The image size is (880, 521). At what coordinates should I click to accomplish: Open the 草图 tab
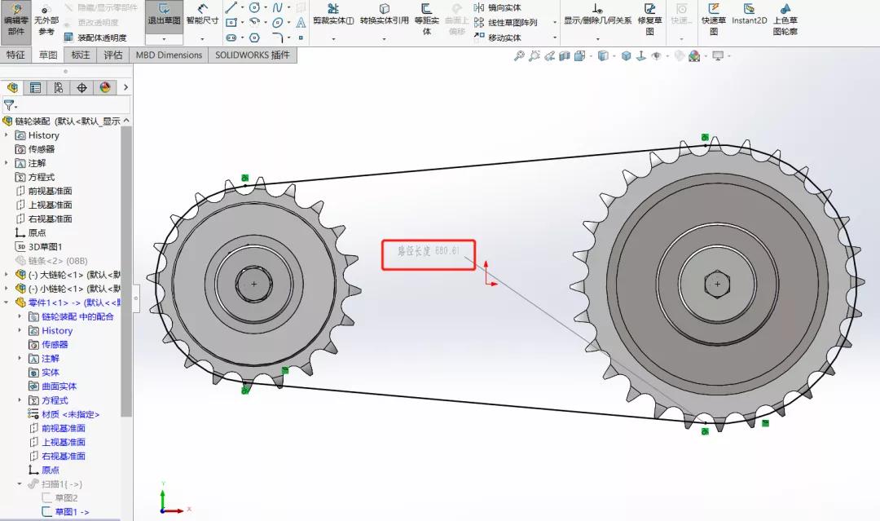[x=48, y=55]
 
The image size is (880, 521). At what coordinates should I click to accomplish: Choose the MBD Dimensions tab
[x=169, y=55]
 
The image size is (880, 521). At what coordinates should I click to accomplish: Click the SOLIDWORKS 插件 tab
[x=252, y=55]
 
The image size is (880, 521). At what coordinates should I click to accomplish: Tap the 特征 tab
[x=15, y=55]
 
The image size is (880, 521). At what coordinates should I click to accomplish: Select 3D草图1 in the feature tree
[x=45, y=246]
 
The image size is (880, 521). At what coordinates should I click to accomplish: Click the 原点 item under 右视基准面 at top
[x=37, y=232]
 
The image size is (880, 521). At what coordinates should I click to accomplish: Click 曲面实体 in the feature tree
[x=59, y=386]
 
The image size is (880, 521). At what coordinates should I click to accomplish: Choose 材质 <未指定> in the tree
[x=70, y=414]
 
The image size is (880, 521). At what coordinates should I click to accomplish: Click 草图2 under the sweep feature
[x=66, y=497]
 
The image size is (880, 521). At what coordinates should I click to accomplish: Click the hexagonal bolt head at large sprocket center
[x=717, y=284]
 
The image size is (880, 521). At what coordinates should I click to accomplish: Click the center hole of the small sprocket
[x=254, y=284]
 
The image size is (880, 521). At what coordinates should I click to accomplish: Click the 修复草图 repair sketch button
[x=649, y=20]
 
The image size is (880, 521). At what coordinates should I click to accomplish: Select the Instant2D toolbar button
[x=749, y=15]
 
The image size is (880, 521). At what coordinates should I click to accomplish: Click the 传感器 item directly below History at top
[x=41, y=149]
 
